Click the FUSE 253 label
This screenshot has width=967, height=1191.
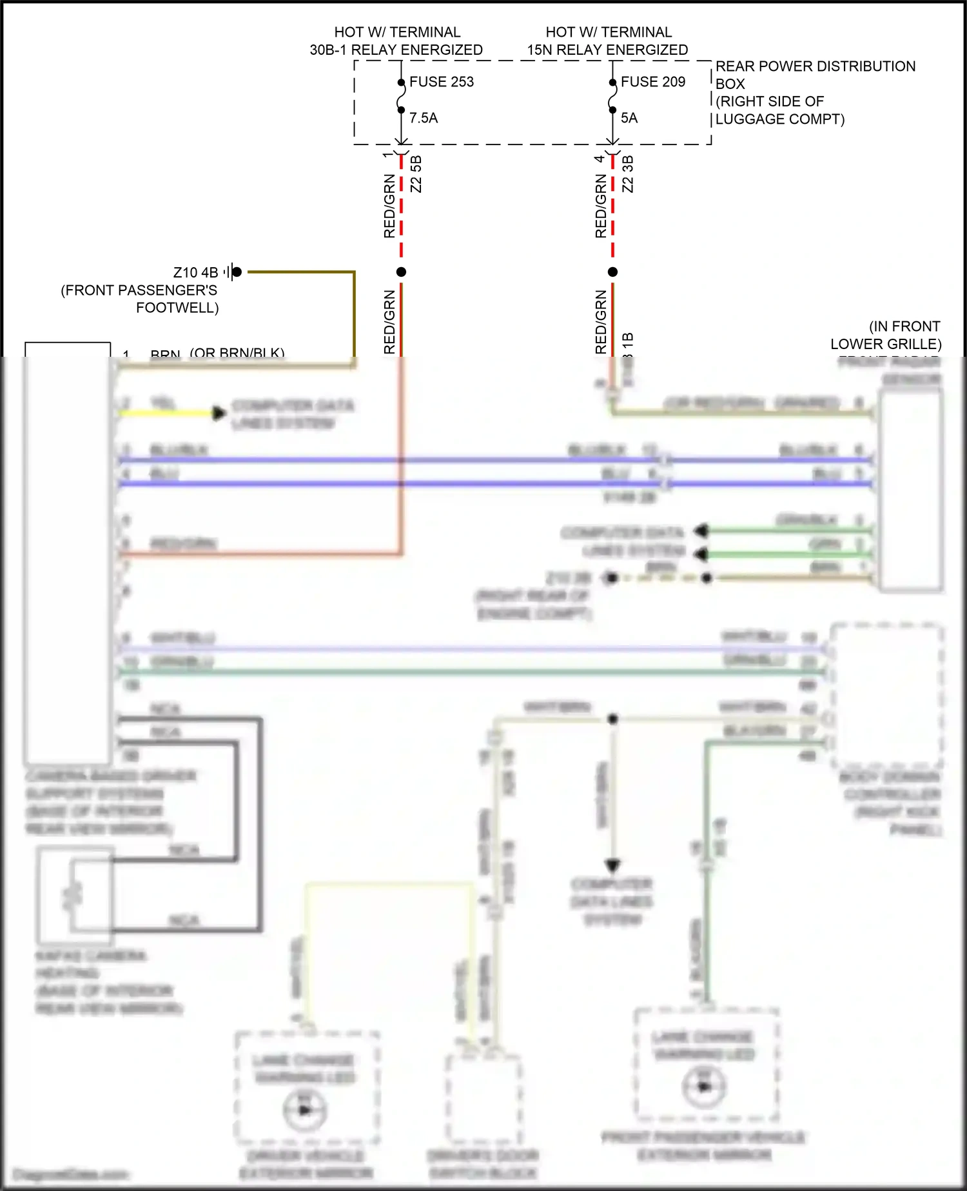[441, 82]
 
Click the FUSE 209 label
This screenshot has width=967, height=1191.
[652, 82]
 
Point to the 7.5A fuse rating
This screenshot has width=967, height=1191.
[424, 118]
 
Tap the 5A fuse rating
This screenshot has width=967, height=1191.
[629, 118]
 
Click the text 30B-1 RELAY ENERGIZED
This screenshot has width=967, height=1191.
[396, 50]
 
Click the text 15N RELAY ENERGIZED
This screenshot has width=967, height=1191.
[607, 50]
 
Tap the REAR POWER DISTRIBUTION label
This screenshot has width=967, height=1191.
[815, 66]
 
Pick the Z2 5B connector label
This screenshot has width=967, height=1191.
[416, 174]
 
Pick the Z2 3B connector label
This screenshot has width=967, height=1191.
[628, 174]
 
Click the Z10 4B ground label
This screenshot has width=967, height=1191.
[195, 273]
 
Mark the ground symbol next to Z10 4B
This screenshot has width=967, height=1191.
[232, 272]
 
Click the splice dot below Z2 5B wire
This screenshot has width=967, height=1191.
[401, 272]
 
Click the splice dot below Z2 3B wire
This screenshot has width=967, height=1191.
[612, 272]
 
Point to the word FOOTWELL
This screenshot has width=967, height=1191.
[177, 308]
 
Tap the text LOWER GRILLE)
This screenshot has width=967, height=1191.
[885, 344]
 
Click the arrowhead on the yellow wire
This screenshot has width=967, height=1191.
[219, 413]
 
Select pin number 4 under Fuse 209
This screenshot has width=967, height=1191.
[600, 159]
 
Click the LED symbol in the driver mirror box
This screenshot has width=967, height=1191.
[305, 1110]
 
